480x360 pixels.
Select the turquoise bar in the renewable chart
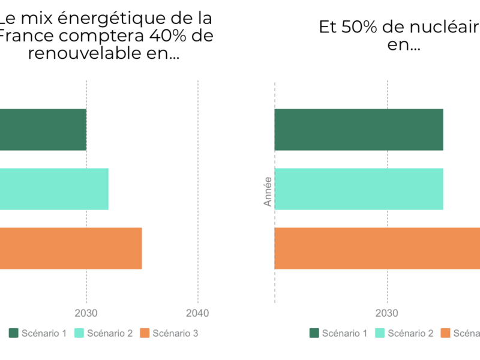coord(54,189)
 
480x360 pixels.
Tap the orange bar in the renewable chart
coord(71,248)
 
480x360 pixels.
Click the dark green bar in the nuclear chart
coord(359,130)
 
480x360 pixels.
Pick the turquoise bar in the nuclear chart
coord(359,189)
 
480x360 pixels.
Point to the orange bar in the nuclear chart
coord(377,248)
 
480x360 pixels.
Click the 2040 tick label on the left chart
coord(198,313)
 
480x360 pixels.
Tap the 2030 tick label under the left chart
coord(86,313)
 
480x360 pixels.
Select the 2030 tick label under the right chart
coord(387,313)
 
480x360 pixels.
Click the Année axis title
coord(268,191)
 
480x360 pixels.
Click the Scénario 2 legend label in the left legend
coord(110,333)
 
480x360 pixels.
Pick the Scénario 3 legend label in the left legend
coord(175,333)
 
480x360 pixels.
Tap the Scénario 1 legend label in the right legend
coord(344,333)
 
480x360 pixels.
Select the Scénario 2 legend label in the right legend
coord(410,333)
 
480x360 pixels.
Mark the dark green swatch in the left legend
coord(13,333)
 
